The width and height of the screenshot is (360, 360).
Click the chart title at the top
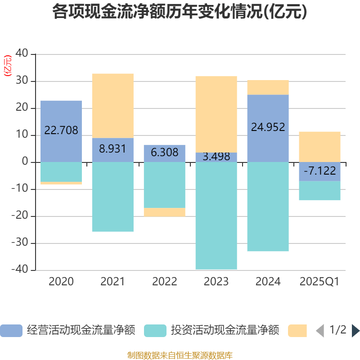pos(180,12)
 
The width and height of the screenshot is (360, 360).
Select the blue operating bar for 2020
pos(61,112)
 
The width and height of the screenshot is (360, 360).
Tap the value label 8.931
pos(112,149)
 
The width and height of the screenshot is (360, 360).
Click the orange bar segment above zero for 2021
pos(112,105)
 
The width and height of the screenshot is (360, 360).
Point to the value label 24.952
pos(268,127)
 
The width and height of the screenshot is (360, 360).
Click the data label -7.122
pos(319,171)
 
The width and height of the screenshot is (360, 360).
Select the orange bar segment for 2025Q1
pos(319,146)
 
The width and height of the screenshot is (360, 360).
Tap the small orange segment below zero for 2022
pos(164,212)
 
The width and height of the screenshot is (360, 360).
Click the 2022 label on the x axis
pos(164,282)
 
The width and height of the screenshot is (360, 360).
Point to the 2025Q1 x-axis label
pos(319,282)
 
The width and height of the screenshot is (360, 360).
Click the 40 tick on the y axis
pos(22,54)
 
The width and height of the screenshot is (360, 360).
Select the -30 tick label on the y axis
pos(20,243)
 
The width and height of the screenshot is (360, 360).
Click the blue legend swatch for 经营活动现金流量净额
pos(11,331)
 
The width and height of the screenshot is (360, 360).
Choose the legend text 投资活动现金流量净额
pos(225,331)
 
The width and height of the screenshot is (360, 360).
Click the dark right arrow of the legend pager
pos(355,331)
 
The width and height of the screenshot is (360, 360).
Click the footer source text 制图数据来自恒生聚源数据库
pos(180,355)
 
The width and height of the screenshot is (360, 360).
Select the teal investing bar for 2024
pos(268,207)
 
